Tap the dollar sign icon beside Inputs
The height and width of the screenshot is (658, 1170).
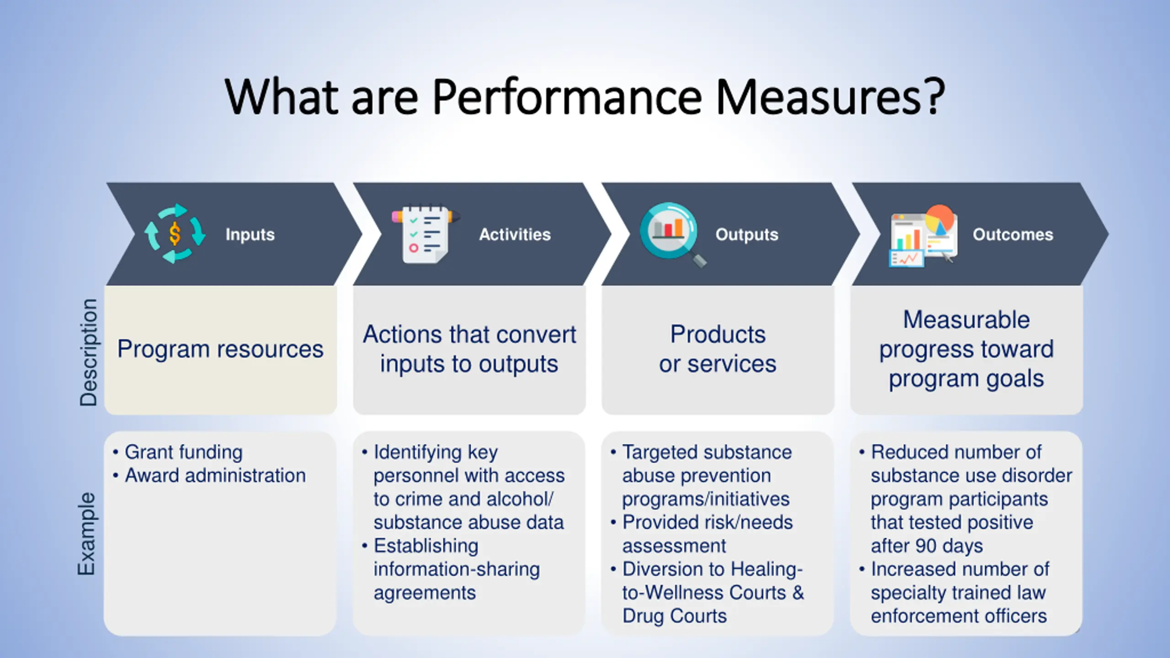tap(175, 234)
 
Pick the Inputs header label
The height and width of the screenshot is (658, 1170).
tap(250, 234)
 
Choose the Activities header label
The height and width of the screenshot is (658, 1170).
tap(515, 234)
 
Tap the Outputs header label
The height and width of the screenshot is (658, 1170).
tap(747, 234)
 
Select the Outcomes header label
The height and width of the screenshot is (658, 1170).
tap(1013, 234)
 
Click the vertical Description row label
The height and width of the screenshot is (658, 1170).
tap(88, 352)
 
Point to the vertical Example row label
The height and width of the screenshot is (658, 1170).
tap(87, 534)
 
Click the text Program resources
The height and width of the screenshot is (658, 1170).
tap(220, 349)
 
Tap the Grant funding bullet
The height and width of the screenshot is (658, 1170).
tap(183, 452)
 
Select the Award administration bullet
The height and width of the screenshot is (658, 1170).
tap(215, 476)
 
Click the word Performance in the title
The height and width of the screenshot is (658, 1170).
tap(567, 97)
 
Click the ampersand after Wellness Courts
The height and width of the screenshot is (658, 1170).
tap(798, 593)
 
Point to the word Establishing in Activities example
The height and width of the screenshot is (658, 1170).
tap(426, 546)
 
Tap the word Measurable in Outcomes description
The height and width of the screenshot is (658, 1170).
tap(967, 319)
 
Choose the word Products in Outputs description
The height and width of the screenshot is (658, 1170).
tap(718, 334)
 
